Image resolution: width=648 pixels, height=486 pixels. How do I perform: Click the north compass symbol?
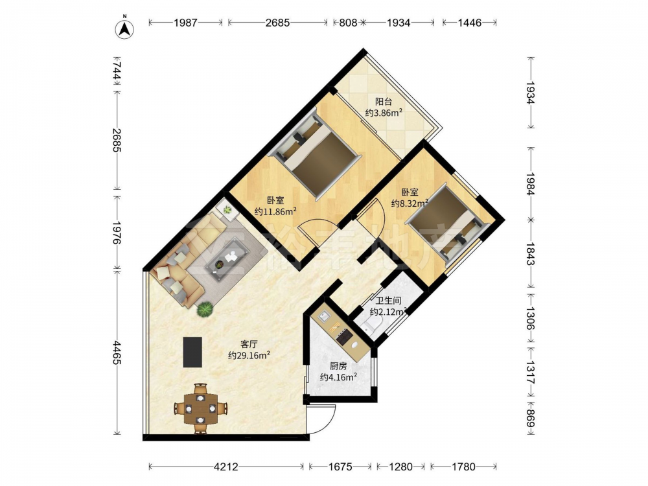pyautogui.click(x=124, y=28)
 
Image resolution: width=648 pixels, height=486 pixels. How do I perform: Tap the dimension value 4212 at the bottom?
pyautogui.click(x=226, y=467)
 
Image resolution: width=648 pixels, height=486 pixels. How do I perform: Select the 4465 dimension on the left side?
pyautogui.click(x=116, y=353)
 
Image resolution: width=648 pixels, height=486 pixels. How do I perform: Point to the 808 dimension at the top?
pyautogui.click(x=348, y=23)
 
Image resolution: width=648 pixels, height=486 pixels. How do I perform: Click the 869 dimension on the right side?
pyautogui.click(x=531, y=419)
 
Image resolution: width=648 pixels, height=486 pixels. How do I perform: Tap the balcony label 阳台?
pyautogui.click(x=383, y=101)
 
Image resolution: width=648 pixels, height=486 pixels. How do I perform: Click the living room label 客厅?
pyautogui.click(x=249, y=344)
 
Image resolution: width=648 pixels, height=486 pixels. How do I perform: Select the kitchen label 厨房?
pyautogui.click(x=338, y=366)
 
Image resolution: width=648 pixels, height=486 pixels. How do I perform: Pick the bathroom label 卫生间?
pyautogui.click(x=388, y=301)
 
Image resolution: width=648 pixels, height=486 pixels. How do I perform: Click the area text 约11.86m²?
pyautogui.click(x=275, y=212)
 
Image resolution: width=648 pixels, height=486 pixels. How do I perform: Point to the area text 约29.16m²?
pyautogui.click(x=249, y=355)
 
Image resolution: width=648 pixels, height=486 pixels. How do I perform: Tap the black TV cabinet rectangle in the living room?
pyautogui.click(x=193, y=352)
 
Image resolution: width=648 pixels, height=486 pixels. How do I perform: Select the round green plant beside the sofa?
pyautogui.click(x=205, y=309)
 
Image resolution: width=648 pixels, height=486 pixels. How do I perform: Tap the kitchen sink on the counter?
pyautogui.click(x=323, y=317)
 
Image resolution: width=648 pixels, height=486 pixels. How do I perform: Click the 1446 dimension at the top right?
pyautogui.click(x=469, y=23)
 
